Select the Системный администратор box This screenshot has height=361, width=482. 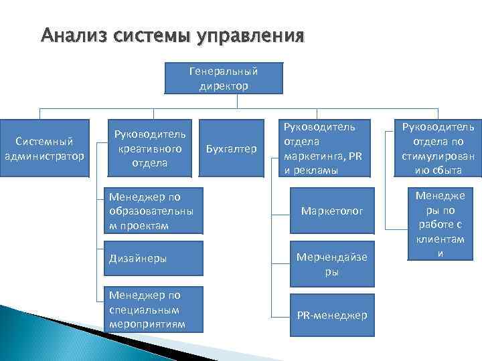point(44,148)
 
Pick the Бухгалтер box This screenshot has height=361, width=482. point(232,148)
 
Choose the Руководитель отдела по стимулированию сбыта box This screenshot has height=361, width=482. point(438,148)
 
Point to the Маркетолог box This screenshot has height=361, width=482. point(333,211)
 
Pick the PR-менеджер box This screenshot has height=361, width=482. point(333,315)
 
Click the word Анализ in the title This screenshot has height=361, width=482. point(70,34)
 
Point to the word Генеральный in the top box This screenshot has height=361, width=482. point(223,71)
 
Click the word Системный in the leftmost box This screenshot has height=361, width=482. point(44,142)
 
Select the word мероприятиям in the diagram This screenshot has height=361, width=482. point(146,324)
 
